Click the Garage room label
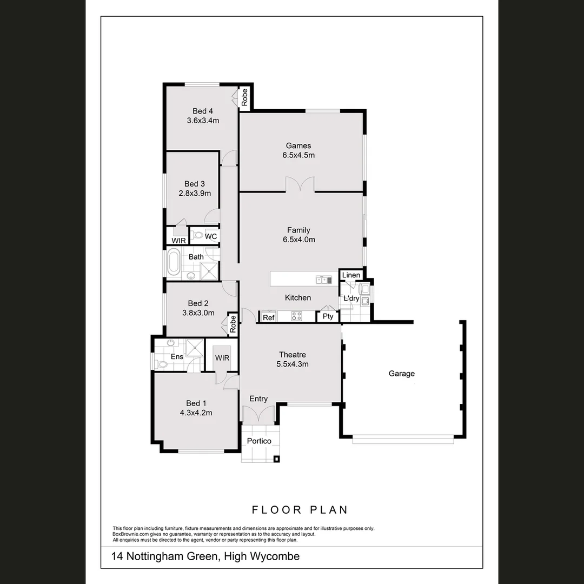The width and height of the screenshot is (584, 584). click(x=402, y=374)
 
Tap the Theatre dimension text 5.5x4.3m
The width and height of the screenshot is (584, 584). click(x=293, y=364)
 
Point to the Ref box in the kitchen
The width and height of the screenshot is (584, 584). click(x=269, y=317)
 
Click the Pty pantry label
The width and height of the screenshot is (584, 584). click(x=328, y=316)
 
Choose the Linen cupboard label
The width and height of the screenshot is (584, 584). click(x=351, y=275)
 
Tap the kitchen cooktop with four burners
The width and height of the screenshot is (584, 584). click(x=296, y=316)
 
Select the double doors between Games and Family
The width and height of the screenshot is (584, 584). click(x=300, y=185)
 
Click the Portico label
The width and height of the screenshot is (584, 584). click(x=259, y=441)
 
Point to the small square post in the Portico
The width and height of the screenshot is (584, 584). click(x=277, y=459)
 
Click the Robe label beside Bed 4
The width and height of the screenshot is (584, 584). click(x=244, y=97)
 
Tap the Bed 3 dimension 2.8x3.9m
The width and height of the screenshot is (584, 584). click(x=195, y=193)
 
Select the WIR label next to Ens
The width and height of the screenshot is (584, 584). click(x=222, y=358)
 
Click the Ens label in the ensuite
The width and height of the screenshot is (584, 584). click(x=177, y=356)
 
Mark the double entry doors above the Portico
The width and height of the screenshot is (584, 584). click(x=258, y=415)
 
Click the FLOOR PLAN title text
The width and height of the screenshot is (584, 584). click(x=300, y=509)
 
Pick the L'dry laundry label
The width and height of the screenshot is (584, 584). click(x=351, y=298)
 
